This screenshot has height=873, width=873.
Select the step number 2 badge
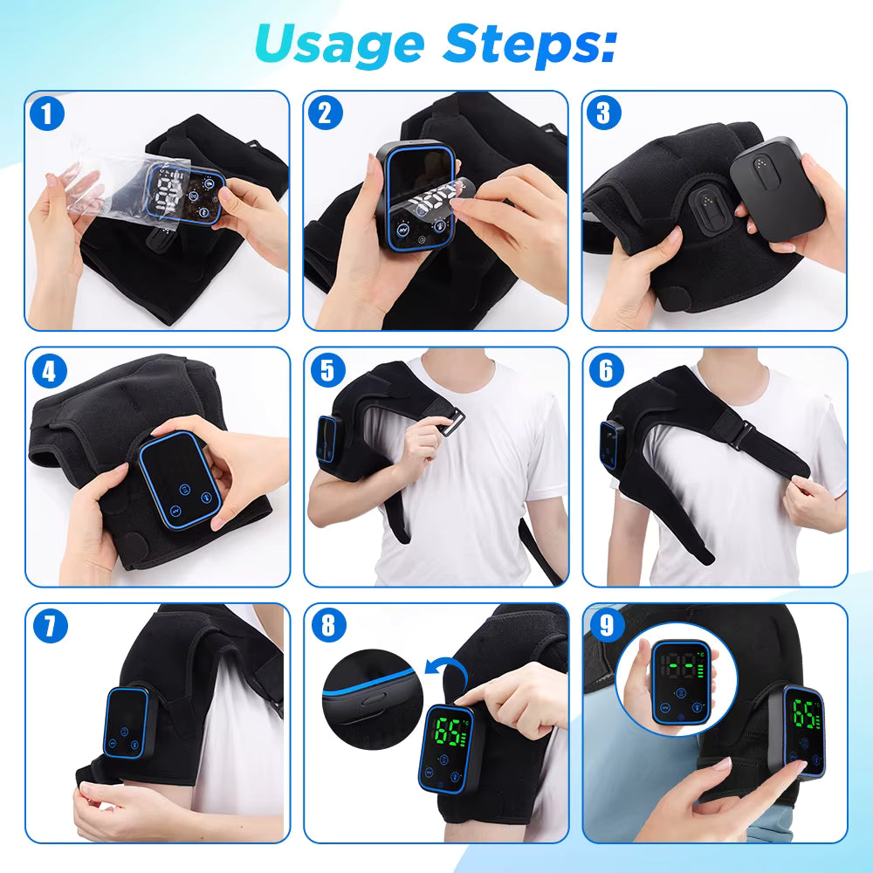pos(327,113)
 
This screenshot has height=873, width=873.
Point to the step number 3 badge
pos(606,113)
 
